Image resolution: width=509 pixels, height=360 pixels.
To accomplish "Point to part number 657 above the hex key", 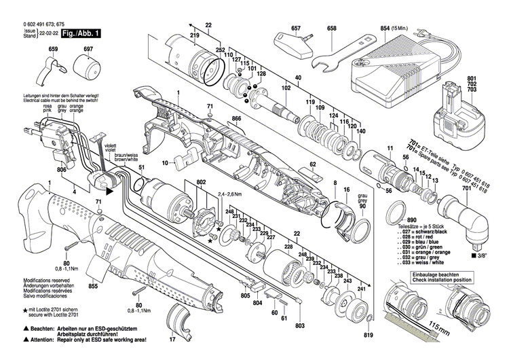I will (296, 29).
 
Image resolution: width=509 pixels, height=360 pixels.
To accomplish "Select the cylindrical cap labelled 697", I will (87, 69).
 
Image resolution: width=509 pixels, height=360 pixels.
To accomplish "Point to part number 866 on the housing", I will (236, 119).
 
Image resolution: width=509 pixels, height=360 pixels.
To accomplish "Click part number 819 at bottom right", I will (369, 336).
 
